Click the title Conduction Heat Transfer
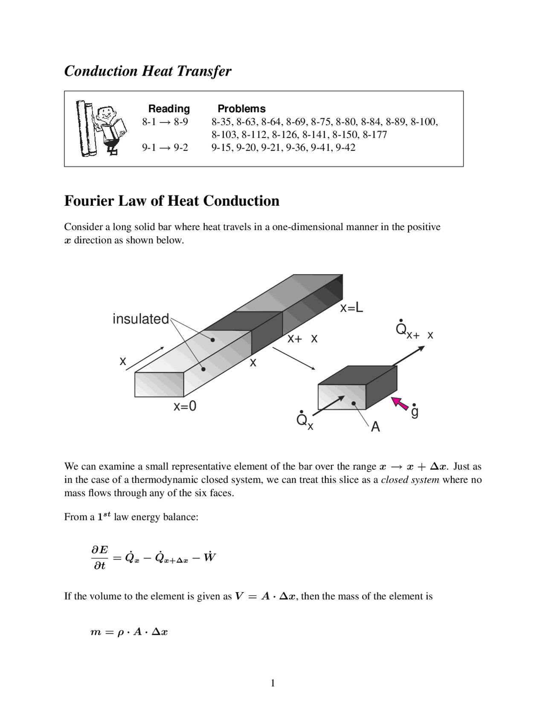[148, 71]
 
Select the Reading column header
[169, 108]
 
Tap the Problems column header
[241, 108]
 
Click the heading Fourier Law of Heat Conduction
[171, 201]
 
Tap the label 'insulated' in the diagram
[141, 319]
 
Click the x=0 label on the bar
[185, 406]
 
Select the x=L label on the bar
[351, 308]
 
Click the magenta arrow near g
[400, 403]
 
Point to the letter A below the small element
[375, 427]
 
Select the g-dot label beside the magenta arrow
[414, 411]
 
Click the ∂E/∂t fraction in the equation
[99, 558]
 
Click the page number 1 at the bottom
[273, 684]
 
